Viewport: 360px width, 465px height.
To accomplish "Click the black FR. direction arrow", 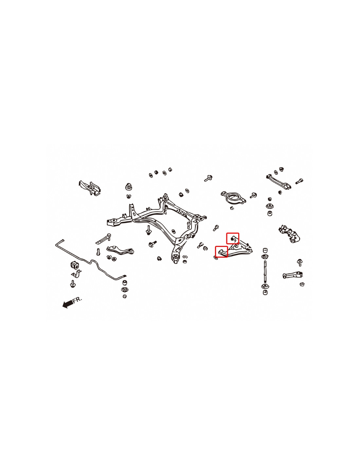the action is (x=67, y=304).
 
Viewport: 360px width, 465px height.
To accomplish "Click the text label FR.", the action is (x=77, y=300).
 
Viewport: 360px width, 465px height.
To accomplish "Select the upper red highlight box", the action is (x=233, y=238).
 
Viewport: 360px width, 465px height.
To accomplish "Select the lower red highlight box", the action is (x=221, y=252).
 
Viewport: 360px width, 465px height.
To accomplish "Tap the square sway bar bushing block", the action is (x=75, y=265).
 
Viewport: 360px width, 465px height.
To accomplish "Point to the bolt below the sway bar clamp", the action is (x=73, y=284).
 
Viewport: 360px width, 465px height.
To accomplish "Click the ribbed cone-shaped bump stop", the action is (x=129, y=187).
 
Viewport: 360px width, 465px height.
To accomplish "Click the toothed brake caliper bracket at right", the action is (x=290, y=233).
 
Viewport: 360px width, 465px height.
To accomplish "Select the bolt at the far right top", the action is (x=299, y=181).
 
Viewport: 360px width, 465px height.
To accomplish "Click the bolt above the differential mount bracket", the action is (x=208, y=178).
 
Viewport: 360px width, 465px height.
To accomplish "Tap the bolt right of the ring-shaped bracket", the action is (x=253, y=195).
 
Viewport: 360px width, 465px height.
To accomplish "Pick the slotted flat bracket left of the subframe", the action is (x=103, y=239).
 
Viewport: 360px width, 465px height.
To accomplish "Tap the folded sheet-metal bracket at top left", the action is (x=90, y=188).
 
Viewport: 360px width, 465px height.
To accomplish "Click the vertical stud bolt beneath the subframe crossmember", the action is (x=148, y=230).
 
